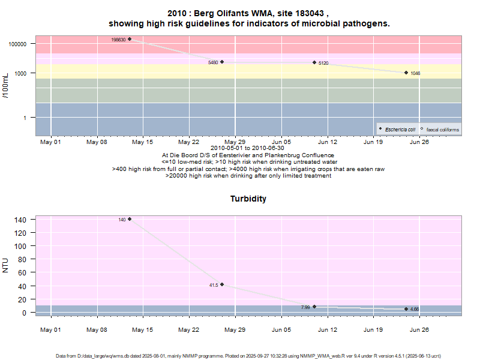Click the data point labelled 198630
coord(130,39)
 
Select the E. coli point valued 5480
coord(222,62)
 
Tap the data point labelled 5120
coord(314,62)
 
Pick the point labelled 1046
coord(406,73)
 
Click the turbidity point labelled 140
coord(130,219)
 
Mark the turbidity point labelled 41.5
coord(222,284)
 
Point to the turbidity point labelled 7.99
coord(314,307)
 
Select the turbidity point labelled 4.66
coord(406,309)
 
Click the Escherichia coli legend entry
coord(397,130)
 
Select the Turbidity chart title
coord(248,199)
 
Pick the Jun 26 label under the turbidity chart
coord(419,329)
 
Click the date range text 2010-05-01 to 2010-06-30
coord(248,148)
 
